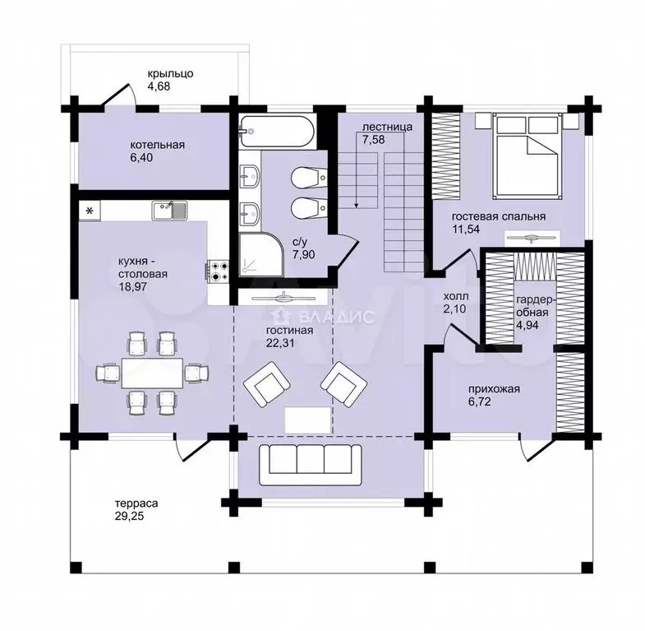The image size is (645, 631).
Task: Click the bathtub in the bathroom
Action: point(277,132)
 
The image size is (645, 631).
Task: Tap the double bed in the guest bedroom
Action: point(528,155)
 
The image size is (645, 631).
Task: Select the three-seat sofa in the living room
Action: point(311,465)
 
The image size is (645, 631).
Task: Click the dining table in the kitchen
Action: point(152,373)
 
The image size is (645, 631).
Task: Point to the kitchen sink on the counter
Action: point(169,211)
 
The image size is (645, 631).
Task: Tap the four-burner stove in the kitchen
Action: point(218,271)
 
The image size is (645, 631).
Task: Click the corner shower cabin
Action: point(260,254)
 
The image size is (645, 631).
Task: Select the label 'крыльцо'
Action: point(171,74)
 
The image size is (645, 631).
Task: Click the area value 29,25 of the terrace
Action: point(130,516)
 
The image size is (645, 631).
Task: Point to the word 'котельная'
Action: point(158,145)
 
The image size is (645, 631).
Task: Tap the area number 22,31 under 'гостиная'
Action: point(280,343)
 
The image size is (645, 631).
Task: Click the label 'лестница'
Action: point(387,128)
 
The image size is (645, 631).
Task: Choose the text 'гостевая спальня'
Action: point(499,216)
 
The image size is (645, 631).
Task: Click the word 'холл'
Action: point(456,296)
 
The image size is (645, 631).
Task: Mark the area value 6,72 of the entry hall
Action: point(480,401)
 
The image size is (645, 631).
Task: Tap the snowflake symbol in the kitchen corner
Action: point(90,211)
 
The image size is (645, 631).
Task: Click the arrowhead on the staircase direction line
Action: point(357,204)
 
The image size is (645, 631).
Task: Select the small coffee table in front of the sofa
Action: point(307,420)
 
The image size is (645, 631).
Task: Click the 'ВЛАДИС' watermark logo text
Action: point(337,317)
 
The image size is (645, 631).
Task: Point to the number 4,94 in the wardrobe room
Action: point(528,325)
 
